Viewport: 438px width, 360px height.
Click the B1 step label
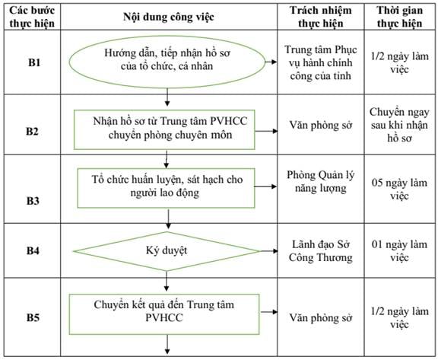[x=34, y=62]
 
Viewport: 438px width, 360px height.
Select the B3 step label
[x=33, y=201]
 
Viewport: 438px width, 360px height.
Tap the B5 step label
[x=33, y=317]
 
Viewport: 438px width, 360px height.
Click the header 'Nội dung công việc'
[x=169, y=17]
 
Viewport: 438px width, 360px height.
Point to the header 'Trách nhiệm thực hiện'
[x=321, y=17]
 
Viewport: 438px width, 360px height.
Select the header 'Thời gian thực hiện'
[x=400, y=17]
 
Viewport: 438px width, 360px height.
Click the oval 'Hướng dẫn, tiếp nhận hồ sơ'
[x=167, y=62]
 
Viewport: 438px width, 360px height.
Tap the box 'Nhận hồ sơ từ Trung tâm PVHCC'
[x=164, y=129]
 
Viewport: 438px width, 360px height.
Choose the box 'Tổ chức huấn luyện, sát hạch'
[x=167, y=188]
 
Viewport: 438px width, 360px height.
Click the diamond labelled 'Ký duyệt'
[x=167, y=251]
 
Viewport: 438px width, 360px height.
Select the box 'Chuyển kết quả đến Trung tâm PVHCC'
[x=164, y=314]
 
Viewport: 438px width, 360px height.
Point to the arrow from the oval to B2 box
[x=167, y=97]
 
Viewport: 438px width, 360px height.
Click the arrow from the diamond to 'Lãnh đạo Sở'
[x=269, y=251]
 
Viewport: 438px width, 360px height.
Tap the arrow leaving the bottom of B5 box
[x=167, y=344]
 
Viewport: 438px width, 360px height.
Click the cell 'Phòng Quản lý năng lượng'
[x=321, y=182]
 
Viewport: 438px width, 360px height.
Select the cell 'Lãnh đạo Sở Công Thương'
[x=321, y=251]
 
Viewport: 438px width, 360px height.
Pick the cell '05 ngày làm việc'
[x=399, y=190]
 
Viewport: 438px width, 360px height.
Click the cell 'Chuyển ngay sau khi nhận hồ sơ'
[x=399, y=125]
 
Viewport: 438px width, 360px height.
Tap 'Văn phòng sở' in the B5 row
[x=321, y=318]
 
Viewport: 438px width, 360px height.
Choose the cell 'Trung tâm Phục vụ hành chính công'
[x=321, y=62]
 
